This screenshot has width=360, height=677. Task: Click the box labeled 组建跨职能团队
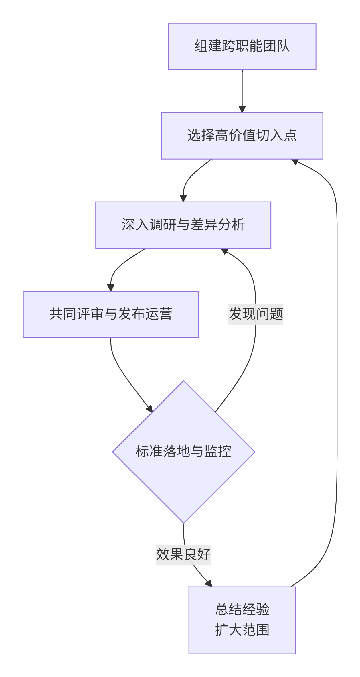[x=242, y=46]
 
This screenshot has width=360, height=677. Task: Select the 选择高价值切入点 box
[x=242, y=136]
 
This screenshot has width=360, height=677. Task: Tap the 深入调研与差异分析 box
[x=183, y=225]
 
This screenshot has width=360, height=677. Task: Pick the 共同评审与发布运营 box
[x=110, y=314]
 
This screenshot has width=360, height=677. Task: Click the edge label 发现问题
[x=256, y=314]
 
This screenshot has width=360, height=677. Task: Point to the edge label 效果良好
[x=183, y=555]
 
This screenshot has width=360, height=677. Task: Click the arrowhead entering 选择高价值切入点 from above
[x=242, y=109]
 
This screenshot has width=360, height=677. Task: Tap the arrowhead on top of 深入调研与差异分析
[x=183, y=198]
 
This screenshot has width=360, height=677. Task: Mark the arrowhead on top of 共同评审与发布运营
[x=111, y=288]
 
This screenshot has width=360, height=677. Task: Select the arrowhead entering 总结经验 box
[x=209, y=583]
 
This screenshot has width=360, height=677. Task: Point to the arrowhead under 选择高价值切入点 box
[x=295, y=162]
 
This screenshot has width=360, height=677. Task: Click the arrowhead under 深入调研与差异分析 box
[x=224, y=251]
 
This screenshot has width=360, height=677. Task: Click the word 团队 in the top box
[x=276, y=46]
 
